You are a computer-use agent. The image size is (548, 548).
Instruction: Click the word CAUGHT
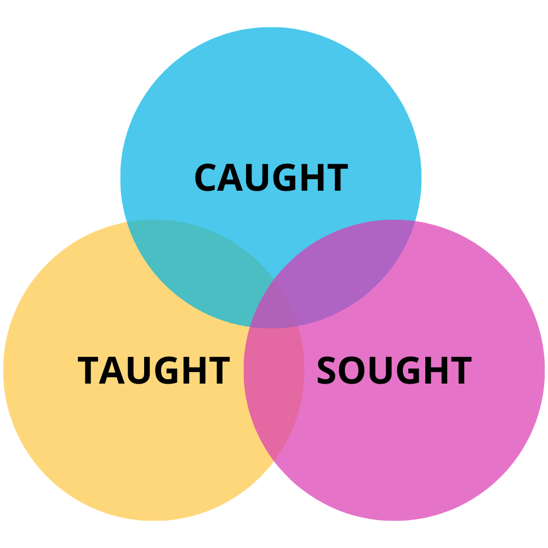click(x=271, y=178)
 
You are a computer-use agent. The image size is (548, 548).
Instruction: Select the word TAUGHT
click(x=153, y=371)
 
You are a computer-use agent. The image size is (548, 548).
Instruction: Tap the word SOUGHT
click(x=393, y=371)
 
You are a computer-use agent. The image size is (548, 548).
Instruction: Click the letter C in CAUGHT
click(x=206, y=178)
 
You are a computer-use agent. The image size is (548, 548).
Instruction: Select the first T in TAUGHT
click(x=89, y=371)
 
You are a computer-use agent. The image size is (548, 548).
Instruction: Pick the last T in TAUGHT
click(x=218, y=371)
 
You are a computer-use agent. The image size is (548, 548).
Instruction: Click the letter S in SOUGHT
click(x=327, y=371)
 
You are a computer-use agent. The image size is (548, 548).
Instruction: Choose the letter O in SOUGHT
click(x=352, y=371)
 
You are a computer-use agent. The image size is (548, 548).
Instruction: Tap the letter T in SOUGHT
click(x=459, y=371)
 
